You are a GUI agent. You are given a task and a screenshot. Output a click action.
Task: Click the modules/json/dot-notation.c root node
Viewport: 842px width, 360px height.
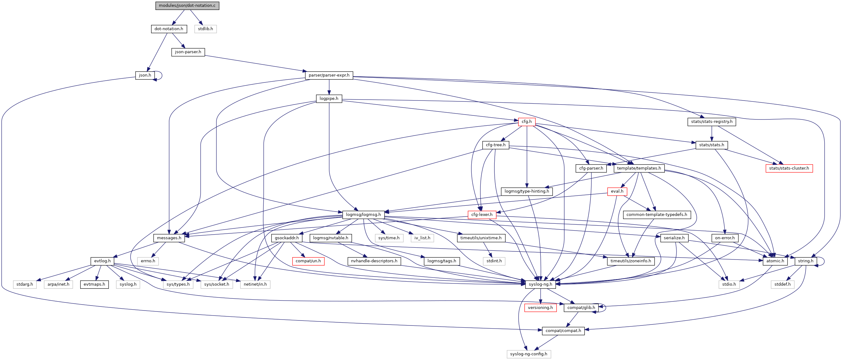[187, 6]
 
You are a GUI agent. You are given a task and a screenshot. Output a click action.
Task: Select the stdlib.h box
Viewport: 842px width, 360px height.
[205, 29]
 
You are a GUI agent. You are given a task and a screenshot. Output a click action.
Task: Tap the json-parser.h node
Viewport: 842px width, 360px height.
[188, 52]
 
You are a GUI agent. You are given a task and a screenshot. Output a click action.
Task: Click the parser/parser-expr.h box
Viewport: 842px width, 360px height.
[329, 75]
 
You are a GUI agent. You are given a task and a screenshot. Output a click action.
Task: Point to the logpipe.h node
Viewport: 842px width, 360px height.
[329, 98]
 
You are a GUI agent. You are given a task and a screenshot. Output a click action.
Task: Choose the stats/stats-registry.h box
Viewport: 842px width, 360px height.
[712, 122]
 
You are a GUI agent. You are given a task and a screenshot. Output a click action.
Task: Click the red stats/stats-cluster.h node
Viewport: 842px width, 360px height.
[789, 168]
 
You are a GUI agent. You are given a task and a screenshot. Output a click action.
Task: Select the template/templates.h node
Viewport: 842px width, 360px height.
[639, 168]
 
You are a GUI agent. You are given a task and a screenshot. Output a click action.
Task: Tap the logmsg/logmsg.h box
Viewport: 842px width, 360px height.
[363, 214]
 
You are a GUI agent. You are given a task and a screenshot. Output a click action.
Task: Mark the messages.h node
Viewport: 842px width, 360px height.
[169, 238]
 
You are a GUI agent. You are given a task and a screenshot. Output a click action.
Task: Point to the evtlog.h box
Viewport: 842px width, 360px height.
[102, 261]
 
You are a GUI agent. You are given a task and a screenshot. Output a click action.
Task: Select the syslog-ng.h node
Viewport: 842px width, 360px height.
[540, 284]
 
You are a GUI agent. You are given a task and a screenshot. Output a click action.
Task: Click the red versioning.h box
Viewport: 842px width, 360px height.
[540, 307]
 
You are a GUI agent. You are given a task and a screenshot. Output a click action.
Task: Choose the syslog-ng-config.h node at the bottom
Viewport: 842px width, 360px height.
[529, 354]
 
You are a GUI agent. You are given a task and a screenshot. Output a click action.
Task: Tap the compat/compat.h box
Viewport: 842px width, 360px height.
[563, 330]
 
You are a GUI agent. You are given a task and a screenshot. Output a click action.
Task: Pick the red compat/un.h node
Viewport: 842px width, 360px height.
[308, 261]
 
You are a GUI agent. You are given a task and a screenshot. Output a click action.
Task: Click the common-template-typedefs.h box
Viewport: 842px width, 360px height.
[657, 214]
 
